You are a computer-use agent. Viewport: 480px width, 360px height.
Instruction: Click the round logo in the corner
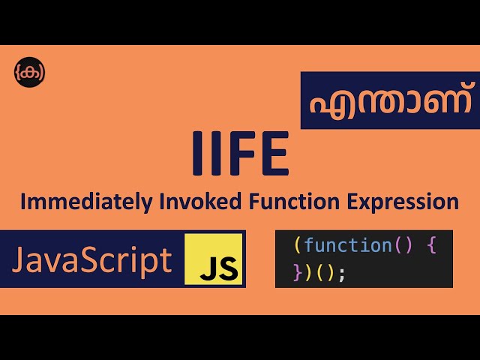tap(29, 71)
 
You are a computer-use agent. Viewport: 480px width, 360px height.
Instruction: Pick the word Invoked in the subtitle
tap(184, 202)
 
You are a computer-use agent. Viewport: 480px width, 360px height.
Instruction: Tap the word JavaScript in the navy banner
tap(91, 260)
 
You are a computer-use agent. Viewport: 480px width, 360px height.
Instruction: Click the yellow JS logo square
tap(214, 259)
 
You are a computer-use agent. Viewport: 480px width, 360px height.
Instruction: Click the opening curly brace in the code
tap(431, 245)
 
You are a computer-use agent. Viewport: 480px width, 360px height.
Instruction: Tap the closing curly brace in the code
tap(298, 273)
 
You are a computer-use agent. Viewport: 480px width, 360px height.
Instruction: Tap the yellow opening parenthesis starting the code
tap(298, 245)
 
